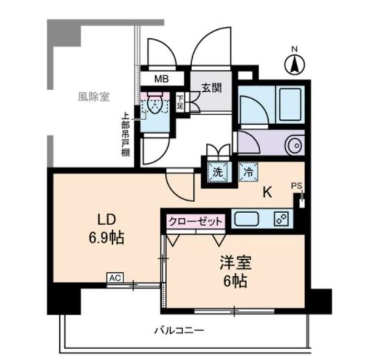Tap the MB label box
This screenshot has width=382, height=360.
coord(161,78)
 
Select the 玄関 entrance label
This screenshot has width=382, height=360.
coord(211,88)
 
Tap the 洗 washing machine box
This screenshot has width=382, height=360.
coord(218,171)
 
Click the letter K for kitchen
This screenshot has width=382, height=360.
coord(267,192)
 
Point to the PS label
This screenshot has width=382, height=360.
coord(297,186)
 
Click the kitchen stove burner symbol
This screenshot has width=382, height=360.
coord(279,219)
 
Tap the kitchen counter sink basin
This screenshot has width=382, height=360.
coord(246,219)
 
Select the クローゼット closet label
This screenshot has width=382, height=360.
coord(195,220)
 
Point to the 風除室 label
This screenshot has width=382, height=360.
coord(94,96)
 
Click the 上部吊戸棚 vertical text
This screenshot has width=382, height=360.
coord(125,135)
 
